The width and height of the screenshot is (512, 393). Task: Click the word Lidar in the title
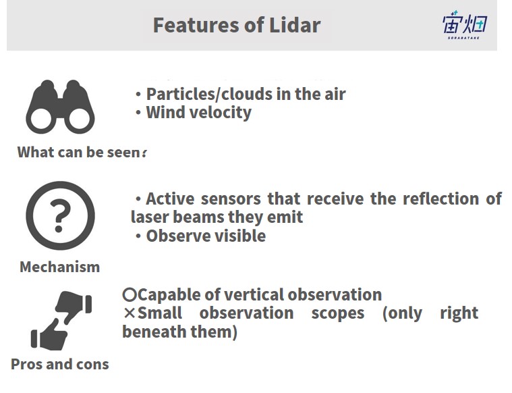(x=295, y=25)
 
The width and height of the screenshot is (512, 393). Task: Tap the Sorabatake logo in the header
(x=465, y=25)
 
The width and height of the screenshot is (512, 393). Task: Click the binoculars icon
(x=60, y=107)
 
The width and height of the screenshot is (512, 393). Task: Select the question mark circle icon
(x=60, y=215)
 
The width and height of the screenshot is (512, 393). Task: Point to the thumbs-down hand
(x=74, y=306)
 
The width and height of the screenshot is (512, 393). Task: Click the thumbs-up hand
(x=50, y=335)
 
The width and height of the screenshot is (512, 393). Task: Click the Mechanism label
(x=60, y=267)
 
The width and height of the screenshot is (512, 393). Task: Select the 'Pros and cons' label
(x=60, y=364)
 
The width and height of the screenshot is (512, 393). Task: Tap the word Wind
(x=166, y=112)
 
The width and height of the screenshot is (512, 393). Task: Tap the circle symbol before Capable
(x=130, y=295)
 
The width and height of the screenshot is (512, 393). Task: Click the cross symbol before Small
(x=130, y=313)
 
